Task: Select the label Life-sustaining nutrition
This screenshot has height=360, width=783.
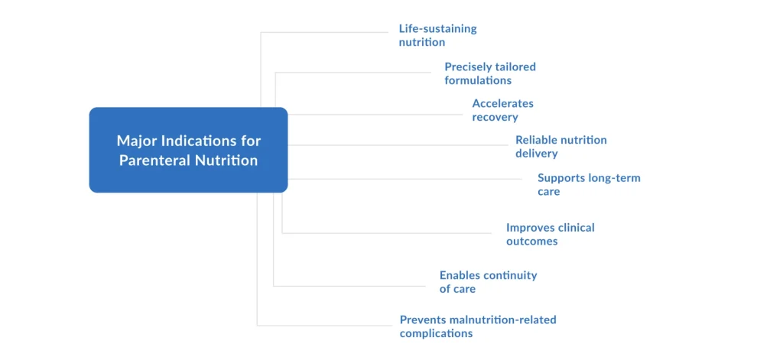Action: [437, 35]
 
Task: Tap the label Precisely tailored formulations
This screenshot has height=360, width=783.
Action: [489, 73]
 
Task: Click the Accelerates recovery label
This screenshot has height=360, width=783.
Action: [502, 110]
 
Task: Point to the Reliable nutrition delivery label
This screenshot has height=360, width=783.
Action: [560, 147]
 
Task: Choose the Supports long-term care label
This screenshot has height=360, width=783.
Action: [588, 184]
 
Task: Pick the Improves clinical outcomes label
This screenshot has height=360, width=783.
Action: [550, 234]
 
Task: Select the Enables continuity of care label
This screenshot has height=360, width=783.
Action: [488, 282]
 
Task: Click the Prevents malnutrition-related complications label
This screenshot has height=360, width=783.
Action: [477, 326]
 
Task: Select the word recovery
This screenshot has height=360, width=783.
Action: [495, 118]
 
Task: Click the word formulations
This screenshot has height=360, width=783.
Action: [478, 80]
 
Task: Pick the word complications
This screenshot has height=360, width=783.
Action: [436, 333]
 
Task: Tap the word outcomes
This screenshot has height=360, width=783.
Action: [531, 242]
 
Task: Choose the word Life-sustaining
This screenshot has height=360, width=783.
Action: [437, 28]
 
